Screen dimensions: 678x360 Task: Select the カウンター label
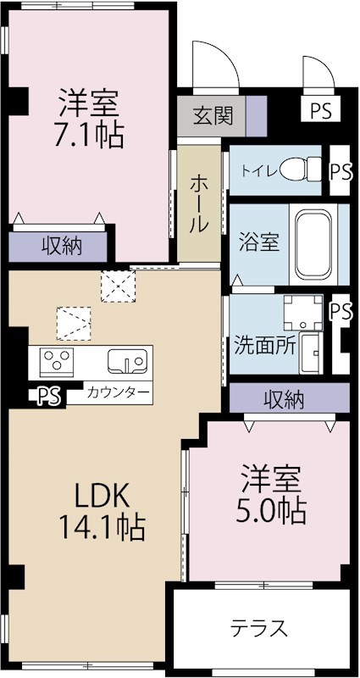click(x=119, y=393)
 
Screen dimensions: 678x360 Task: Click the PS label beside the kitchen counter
click(x=50, y=396)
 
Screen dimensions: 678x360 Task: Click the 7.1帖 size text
click(x=89, y=133)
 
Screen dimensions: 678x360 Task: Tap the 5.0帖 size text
click(x=269, y=509)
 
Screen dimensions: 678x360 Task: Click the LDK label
click(x=99, y=493)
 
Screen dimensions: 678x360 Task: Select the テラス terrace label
click(x=259, y=628)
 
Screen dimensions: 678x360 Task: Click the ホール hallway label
click(x=201, y=204)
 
